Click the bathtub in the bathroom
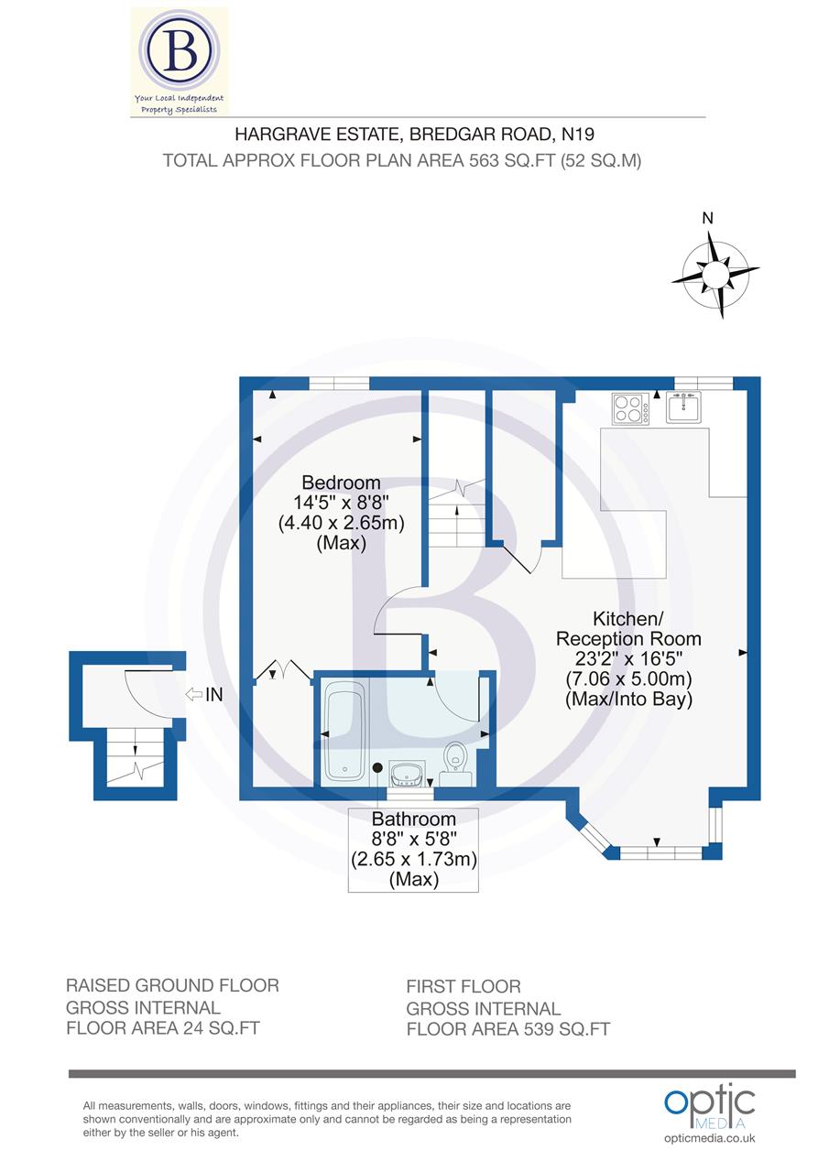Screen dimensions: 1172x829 (345, 732)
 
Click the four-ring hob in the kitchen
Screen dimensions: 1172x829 (630, 407)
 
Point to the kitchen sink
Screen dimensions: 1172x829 (683, 407)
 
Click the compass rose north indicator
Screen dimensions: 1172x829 (715, 273)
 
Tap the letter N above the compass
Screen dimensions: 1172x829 (706, 218)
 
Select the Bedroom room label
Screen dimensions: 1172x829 (341, 483)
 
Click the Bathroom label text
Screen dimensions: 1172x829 (413, 819)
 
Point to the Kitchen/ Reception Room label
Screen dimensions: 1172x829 (628, 628)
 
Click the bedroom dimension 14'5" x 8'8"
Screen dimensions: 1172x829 (341, 503)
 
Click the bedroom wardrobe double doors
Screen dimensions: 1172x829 (284, 670)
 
